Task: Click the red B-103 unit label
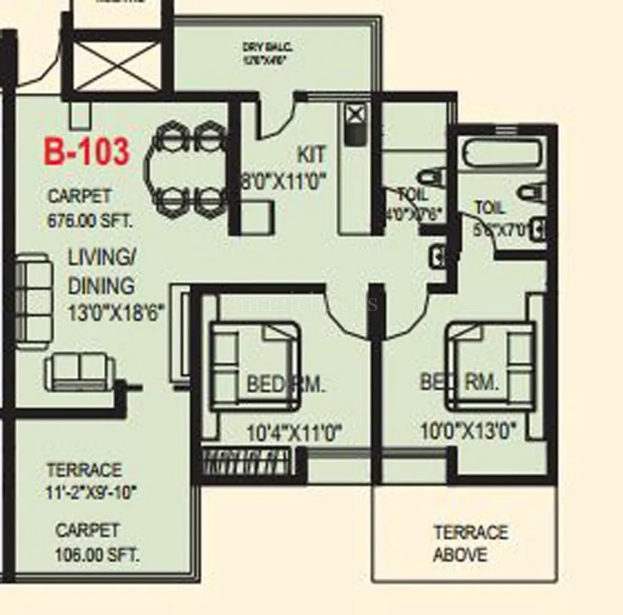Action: [87, 152]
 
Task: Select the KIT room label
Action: [311, 154]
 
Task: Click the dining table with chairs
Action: [188, 168]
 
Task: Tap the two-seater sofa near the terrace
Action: [80, 372]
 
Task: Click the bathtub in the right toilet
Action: [500, 153]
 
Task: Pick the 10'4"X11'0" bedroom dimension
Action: [294, 432]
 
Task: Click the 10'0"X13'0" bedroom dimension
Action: [468, 431]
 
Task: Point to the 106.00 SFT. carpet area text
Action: [97, 554]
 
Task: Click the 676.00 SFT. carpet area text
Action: [90, 220]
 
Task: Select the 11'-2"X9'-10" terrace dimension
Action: [91, 492]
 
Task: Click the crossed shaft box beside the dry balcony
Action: [118, 66]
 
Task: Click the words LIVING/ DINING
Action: [101, 272]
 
